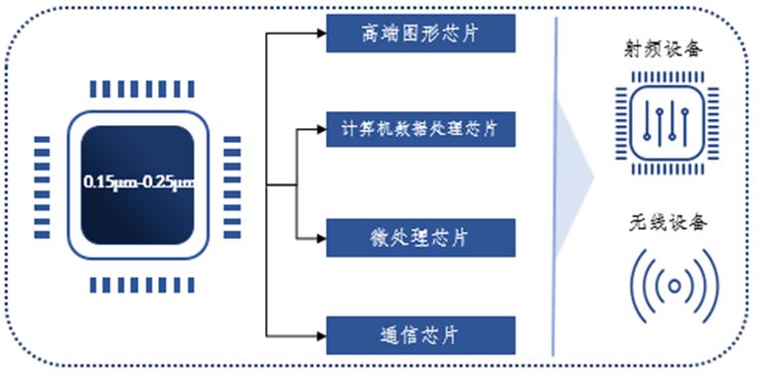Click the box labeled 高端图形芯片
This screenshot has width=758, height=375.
pyautogui.click(x=421, y=34)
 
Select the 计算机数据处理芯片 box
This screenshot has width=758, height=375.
pyautogui.click(x=421, y=128)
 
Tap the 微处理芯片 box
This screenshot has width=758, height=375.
pyautogui.click(x=421, y=238)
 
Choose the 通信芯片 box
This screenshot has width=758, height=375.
pyautogui.click(x=421, y=335)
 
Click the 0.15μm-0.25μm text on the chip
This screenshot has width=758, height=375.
pyautogui.click(x=138, y=183)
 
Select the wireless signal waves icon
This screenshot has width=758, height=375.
pyautogui.click(x=675, y=287)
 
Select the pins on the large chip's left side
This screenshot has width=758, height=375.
pyautogui.click(x=42, y=186)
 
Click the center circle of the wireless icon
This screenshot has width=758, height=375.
pyautogui.click(x=675, y=287)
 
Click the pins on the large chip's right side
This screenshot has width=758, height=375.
pyautogui.click(x=232, y=186)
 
